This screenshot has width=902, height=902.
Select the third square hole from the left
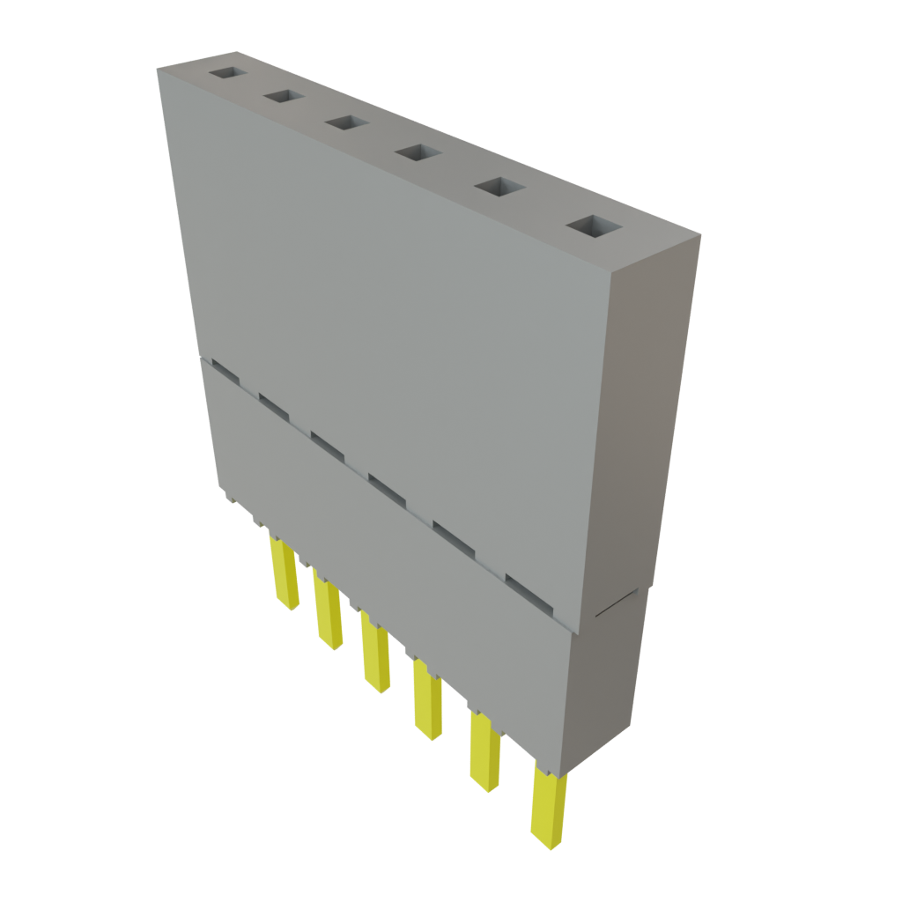(x=345, y=122)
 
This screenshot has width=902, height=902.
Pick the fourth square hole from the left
(x=417, y=152)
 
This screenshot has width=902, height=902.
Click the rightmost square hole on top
(x=591, y=225)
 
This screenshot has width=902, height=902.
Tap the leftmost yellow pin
(x=284, y=573)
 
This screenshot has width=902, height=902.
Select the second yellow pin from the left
(x=328, y=611)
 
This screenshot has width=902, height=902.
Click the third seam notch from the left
(x=327, y=443)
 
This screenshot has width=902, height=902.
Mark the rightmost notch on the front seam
(x=529, y=592)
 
